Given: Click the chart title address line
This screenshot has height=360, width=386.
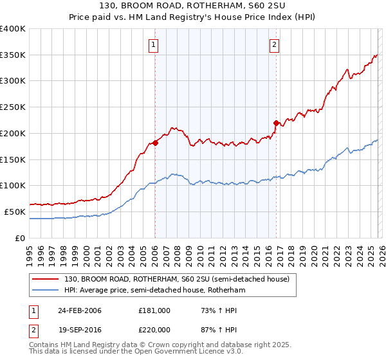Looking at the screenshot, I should (x=193, y=6).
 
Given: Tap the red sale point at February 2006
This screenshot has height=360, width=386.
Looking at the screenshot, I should (x=155, y=143).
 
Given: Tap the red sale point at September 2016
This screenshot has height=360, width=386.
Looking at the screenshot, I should (x=276, y=122).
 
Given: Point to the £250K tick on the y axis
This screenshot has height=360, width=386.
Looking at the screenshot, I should (x=13, y=107).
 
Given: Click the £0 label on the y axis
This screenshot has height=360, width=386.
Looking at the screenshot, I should (x=20, y=238).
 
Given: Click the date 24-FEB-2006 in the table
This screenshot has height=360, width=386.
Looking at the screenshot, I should (x=80, y=310).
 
